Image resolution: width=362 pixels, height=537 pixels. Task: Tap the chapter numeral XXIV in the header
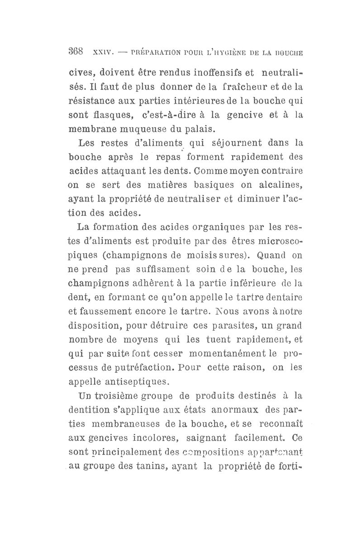[102, 52]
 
